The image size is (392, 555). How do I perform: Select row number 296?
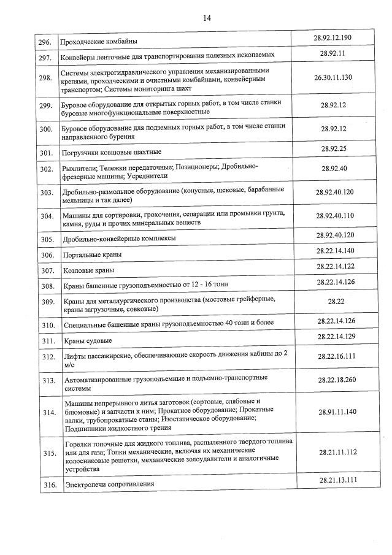[x=44, y=42]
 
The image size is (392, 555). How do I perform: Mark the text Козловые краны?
[x=89, y=270]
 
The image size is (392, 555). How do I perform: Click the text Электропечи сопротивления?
[x=109, y=484]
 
